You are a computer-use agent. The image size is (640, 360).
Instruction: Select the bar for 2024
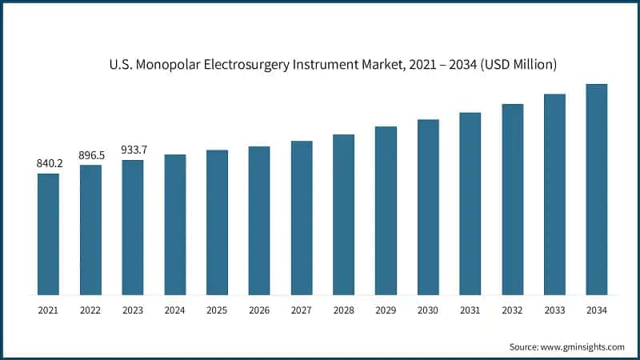[174, 224]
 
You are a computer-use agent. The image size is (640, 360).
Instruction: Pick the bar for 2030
[428, 206]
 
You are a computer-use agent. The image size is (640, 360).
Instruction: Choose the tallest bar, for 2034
[596, 189]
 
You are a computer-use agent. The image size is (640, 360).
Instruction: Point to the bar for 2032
[512, 199]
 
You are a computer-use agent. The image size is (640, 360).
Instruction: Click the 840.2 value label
[48, 164]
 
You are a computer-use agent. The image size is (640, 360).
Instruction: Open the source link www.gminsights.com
[582, 346]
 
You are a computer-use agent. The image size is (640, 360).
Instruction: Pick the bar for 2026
[259, 220]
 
